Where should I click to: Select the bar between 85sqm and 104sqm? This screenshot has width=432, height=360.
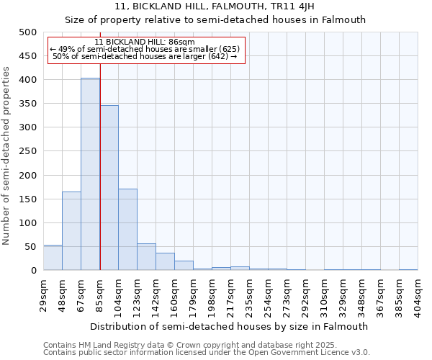coord(109,188)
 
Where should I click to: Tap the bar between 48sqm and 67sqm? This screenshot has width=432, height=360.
coord(71,230)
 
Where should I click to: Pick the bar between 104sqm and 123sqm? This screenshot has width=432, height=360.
coord(127,229)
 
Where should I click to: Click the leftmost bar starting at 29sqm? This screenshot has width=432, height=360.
coord(53,258)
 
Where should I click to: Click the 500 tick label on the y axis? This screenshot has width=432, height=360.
coord(27,32)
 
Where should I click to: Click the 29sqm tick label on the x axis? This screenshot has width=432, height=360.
coord(43,292)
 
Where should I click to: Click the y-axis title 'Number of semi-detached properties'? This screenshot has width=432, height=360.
coord(8,156)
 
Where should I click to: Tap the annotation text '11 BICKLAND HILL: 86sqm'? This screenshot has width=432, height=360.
coord(145,42)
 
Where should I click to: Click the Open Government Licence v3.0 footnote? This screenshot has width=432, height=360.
coord(207,352)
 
